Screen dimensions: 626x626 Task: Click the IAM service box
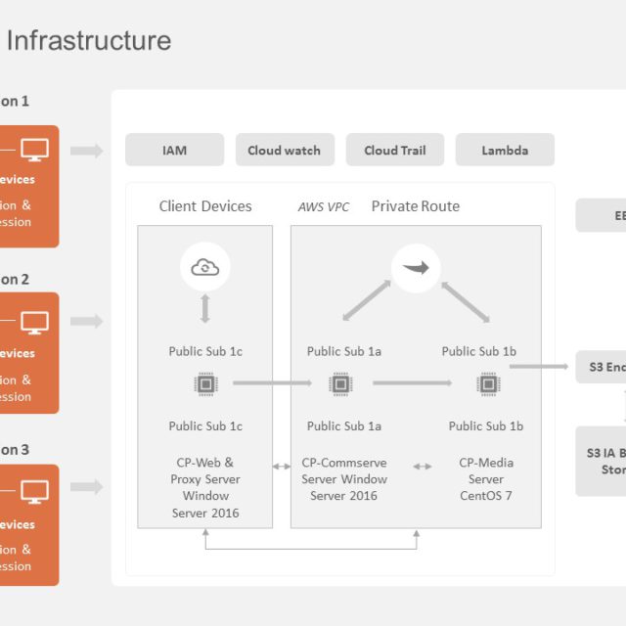click(x=174, y=150)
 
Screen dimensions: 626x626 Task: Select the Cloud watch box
click(x=285, y=150)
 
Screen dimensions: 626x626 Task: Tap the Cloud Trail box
click(x=394, y=150)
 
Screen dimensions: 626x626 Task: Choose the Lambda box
click(x=505, y=150)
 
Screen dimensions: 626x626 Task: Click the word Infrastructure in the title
click(x=89, y=41)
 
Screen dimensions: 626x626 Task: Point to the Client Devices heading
click(x=205, y=206)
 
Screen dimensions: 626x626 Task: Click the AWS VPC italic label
click(x=324, y=207)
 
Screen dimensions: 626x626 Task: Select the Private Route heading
click(x=415, y=206)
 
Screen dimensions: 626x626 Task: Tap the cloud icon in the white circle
click(x=205, y=267)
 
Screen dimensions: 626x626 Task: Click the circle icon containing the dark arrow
click(x=416, y=267)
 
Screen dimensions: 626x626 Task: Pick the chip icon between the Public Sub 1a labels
click(x=340, y=383)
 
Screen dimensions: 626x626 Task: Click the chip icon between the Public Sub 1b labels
click(x=486, y=383)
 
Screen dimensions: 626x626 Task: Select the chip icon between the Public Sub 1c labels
click(x=205, y=383)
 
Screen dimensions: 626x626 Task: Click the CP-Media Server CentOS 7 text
click(x=486, y=479)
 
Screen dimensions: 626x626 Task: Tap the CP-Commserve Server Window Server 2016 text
click(x=344, y=479)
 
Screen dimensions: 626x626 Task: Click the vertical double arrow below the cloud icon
click(x=205, y=308)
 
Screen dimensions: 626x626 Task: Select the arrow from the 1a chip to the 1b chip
click(x=412, y=383)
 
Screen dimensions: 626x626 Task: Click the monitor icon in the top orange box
click(x=34, y=151)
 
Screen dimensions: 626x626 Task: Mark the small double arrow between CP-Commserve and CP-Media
click(x=423, y=467)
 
